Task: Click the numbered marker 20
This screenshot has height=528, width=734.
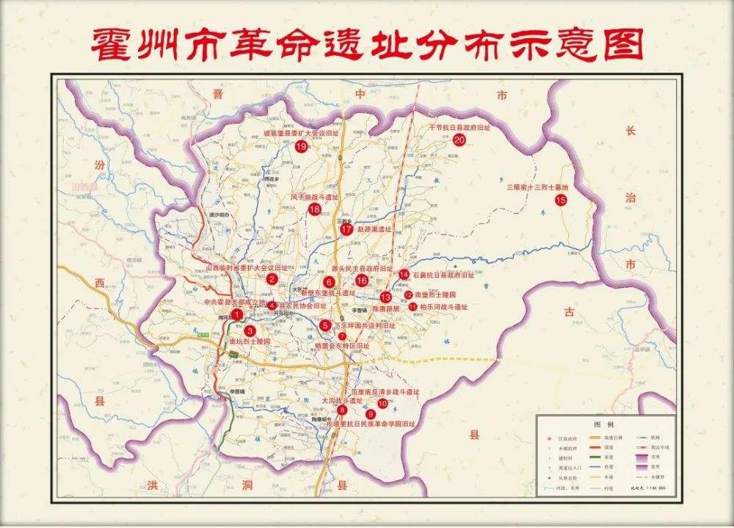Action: coord(459,140)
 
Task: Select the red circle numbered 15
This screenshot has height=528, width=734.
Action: coord(562,200)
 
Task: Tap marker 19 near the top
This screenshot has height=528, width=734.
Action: coord(301,146)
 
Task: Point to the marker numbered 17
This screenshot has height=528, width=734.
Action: coord(346,229)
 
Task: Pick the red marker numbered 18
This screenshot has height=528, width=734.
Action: coord(315,210)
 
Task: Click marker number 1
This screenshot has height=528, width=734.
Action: coord(236,314)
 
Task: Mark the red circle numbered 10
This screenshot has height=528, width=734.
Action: coord(382,403)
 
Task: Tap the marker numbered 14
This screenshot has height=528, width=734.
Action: coord(404,274)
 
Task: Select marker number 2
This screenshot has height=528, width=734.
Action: coord(272,279)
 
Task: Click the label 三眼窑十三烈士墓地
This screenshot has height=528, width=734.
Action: coord(538,187)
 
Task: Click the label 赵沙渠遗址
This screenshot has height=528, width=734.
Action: coord(374,229)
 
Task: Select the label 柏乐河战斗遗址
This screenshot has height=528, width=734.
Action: coord(443,307)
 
